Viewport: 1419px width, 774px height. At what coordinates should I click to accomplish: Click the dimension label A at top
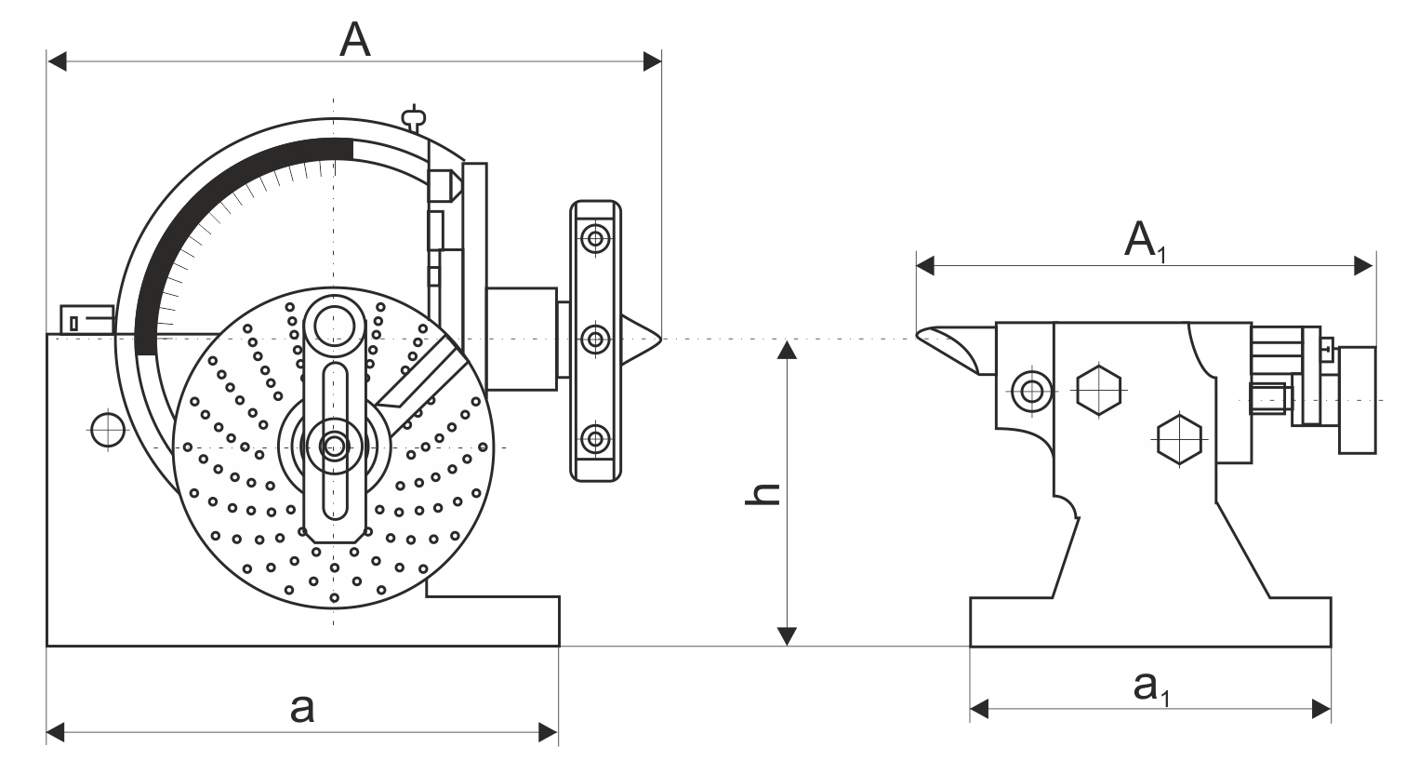[355, 39]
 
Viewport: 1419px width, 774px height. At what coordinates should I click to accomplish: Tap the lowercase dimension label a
[302, 708]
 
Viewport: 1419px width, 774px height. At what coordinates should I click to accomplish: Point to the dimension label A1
[1145, 241]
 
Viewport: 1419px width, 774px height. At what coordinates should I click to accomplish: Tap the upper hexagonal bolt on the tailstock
[1099, 390]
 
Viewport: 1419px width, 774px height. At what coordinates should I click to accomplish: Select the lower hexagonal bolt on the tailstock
[1179, 440]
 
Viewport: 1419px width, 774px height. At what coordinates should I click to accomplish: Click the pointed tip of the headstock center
[661, 340]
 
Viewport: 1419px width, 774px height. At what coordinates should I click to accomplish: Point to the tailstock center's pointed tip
[918, 333]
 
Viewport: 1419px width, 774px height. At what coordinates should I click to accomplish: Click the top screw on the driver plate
[595, 240]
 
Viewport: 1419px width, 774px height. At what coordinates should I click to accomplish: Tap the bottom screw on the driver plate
[595, 439]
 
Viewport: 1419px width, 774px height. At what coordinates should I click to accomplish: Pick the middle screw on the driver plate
[595, 340]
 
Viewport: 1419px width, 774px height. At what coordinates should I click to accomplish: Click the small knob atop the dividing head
[414, 117]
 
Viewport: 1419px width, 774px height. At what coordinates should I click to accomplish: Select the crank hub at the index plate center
[334, 447]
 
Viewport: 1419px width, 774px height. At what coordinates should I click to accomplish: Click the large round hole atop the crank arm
[334, 326]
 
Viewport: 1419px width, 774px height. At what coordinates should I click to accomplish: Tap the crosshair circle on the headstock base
[108, 430]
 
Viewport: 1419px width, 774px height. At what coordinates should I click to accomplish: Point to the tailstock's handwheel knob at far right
[1358, 400]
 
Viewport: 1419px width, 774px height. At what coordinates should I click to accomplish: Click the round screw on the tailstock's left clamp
[1032, 391]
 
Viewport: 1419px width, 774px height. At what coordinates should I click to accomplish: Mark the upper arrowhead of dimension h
[787, 349]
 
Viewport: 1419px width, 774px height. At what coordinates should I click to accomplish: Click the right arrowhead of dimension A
[653, 62]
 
